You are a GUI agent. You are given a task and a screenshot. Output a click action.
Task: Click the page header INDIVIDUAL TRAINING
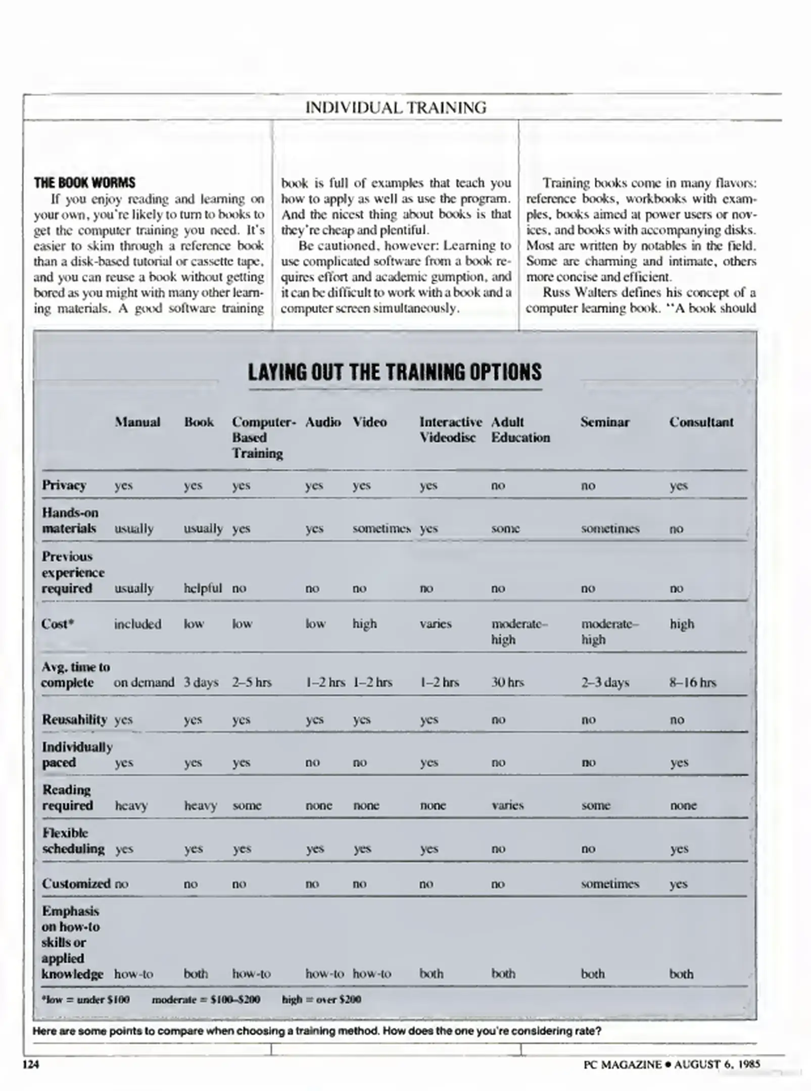(396, 108)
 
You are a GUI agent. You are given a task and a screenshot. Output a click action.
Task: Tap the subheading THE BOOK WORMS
(84, 183)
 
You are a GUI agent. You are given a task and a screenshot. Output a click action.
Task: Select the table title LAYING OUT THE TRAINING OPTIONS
(395, 372)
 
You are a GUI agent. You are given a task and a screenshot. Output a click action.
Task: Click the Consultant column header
(701, 422)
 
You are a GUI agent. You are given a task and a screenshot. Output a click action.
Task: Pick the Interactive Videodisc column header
(450, 429)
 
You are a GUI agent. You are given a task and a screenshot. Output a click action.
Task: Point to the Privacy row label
(64, 485)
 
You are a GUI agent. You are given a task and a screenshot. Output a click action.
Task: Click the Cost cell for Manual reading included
(137, 624)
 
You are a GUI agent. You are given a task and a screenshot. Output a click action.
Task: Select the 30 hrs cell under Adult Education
(507, 682)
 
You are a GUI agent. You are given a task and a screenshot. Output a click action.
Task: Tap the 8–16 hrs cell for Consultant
(693, 682)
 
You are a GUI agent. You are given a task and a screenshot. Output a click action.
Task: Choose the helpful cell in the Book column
(203, 588)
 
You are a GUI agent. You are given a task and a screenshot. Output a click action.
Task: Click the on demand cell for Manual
(144, 682)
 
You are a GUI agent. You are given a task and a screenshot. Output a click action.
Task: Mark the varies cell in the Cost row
(435, 624)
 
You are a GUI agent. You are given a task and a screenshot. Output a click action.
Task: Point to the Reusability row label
(74, 719)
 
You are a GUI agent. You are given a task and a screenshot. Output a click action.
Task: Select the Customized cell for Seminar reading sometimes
(610, 883)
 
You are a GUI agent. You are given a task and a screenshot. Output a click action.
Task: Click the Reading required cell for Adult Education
(507, 805)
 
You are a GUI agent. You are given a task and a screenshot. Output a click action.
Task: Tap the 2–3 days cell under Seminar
(605, 682)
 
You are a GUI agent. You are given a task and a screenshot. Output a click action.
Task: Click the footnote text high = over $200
(321, 999)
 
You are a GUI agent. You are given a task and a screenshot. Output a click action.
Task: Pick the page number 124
(31, 1064)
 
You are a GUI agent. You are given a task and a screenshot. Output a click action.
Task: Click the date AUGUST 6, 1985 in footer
(717, 1064)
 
